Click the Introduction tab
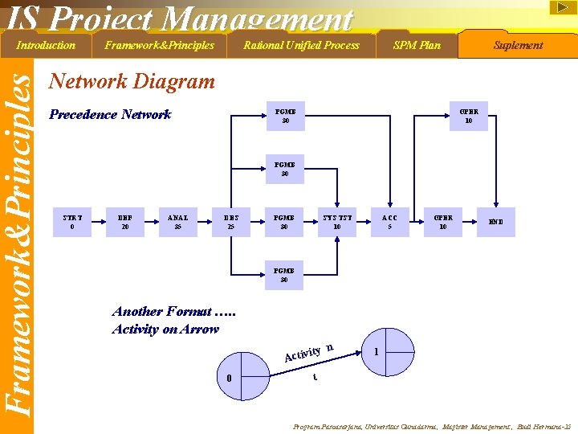[x=46, y=45]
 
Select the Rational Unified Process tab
[x=301, y=45]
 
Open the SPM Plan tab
[x=417, y=45]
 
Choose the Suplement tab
[x=518, y=45]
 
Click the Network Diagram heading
[x=132, y=81]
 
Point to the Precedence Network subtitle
[x=110, y=114]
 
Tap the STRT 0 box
[x=72, y=222]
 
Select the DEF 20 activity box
[x=125, y=222]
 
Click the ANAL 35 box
[x=178, y=222]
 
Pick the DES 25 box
[x=231, y=222]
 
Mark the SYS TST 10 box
[x=337, y=222]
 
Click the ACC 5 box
[x=389, y=222]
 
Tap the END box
[x=495, y=222]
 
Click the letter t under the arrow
[x=315, y=377]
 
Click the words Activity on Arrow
[x=165, y=329]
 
